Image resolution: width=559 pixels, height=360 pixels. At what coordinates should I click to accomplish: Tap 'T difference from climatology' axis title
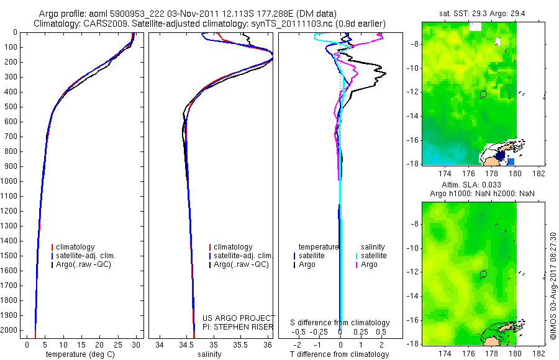click(340, 354)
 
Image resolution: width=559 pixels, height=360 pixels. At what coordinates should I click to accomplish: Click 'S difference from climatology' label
click(340, 323)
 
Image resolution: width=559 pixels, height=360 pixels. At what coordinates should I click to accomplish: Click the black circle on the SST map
click(483, 94)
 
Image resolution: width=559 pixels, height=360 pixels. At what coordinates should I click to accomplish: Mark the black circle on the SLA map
click(483, 274)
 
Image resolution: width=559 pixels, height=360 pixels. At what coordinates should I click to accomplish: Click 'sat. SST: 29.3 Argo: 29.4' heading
click(477, 14)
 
